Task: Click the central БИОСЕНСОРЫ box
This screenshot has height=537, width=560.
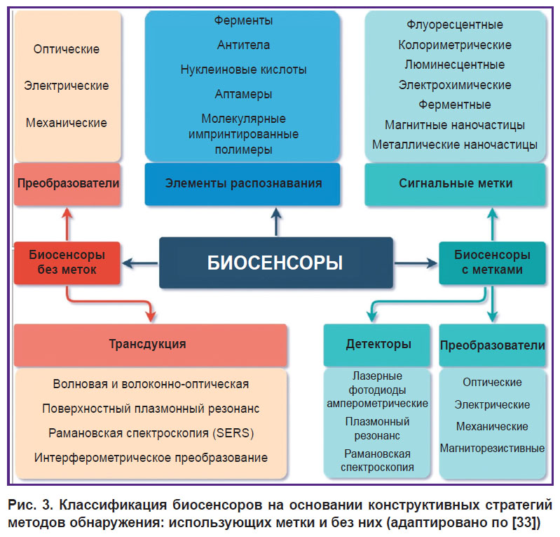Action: tap(275, 263)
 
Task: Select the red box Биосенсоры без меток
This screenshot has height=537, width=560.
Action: tap(67, 263)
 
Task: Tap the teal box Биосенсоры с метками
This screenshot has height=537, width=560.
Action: tap(492, 263)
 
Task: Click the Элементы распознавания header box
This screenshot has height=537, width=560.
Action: tap(243, 184)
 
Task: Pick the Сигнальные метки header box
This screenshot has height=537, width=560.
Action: tap(456, 184)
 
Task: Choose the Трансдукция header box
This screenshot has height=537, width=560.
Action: tap(151, 345)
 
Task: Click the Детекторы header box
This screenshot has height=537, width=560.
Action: tap(377, 345)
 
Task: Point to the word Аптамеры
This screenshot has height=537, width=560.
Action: tap(243, 94)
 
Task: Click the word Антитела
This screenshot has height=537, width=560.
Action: tap(243, 45)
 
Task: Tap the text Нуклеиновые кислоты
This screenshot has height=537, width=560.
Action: tap(243, 69)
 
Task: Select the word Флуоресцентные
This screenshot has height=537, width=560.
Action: tap(455, 25)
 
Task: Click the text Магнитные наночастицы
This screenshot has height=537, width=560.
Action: tap(455, 125)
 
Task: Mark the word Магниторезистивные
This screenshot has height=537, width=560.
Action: tap(492, 448)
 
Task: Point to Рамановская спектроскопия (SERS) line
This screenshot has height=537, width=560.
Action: tap(151, 433)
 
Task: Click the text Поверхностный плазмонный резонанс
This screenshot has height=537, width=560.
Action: tap(151, 409)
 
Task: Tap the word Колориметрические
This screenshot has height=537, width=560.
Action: tap(455, 45)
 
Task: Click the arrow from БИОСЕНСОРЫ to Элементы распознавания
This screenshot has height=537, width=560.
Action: tap(276, 222)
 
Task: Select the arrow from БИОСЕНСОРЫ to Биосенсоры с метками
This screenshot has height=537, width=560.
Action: tap(416, 263)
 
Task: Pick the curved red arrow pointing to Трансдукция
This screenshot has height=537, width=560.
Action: tap(107, 301)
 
